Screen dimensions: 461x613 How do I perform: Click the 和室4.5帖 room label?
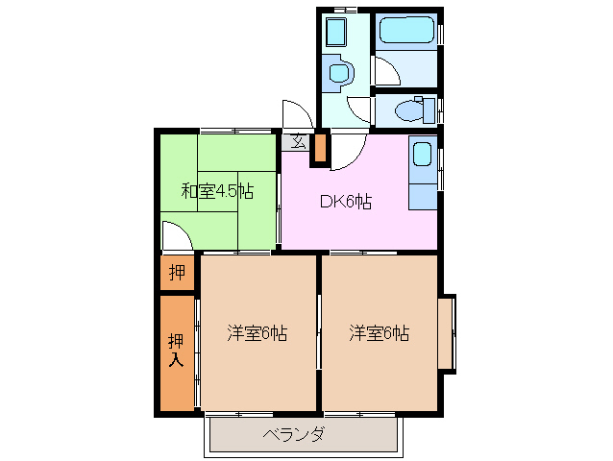(x=217, y=191)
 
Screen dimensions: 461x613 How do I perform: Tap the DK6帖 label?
(x=346, y=202)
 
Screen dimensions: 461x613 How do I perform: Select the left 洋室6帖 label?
(x=257, y=334)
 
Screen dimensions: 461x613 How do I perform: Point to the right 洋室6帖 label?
(x=380, y=334)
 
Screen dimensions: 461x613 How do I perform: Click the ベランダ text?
(x=293, y=435)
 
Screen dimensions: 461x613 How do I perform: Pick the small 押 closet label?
(x=177, y=273)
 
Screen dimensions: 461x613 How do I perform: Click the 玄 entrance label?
(x=298, y=142)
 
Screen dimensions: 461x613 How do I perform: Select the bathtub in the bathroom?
(x=407, y=30)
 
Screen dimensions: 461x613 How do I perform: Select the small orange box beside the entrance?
(x=320, y=145)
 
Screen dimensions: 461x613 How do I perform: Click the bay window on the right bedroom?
(x=448, y=333)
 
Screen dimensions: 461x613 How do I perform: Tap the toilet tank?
(x=429, y=110)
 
